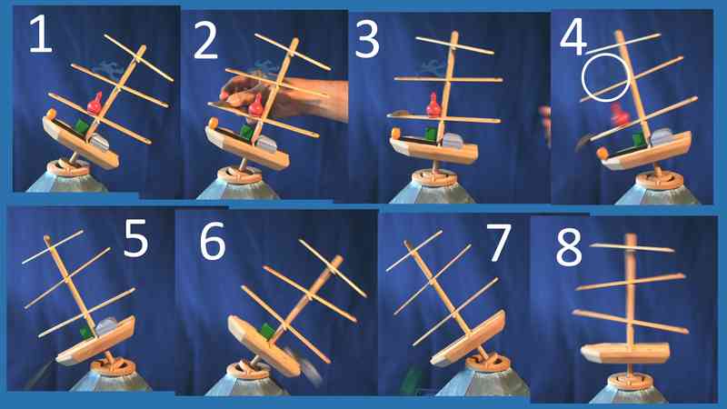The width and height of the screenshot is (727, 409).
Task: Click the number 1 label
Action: [40, 34]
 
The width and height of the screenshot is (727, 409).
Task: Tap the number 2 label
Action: [205, 40]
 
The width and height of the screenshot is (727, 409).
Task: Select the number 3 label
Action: [367, 40]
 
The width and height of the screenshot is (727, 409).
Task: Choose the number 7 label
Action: [498, 242]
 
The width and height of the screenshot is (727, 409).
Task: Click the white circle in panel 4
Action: [605, 55]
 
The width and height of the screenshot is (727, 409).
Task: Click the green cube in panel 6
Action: [267, 332]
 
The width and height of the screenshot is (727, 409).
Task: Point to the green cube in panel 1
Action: [81, 127]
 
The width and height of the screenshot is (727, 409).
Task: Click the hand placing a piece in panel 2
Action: [283, 97]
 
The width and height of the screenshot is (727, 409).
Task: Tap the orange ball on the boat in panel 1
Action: [51, 113]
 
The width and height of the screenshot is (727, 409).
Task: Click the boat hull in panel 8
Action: [625, 354]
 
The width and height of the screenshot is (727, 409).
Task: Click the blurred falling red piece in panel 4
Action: [620, 115]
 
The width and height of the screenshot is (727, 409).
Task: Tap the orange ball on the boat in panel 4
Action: [603, 153]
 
